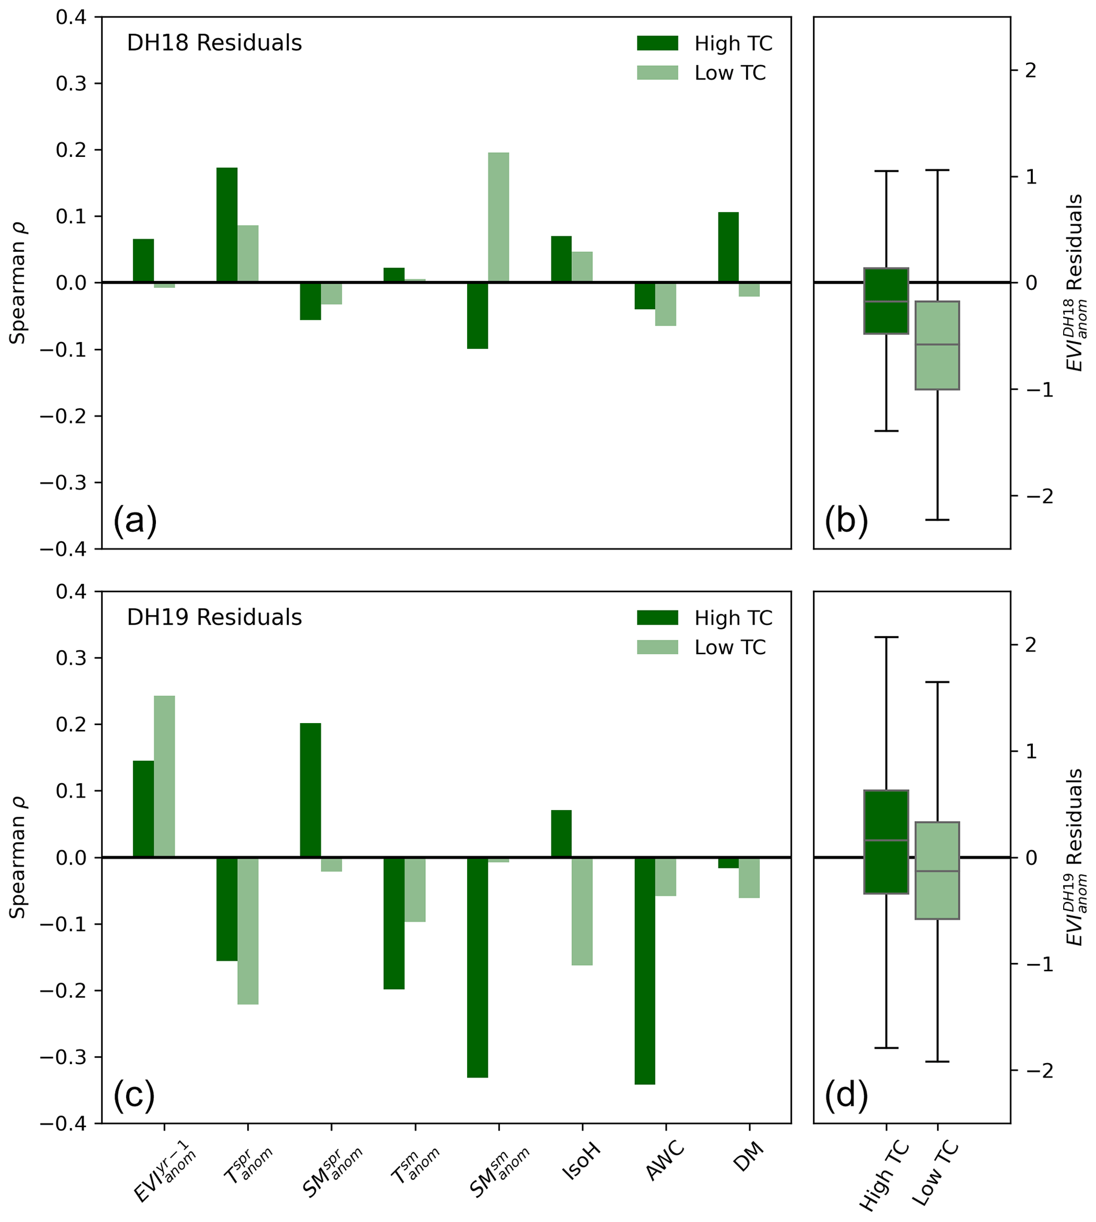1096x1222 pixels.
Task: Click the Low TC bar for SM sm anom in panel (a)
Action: [498, 217]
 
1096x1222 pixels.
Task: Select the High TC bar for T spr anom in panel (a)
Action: [227, 225]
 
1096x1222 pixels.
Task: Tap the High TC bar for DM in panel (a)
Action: [728, 248]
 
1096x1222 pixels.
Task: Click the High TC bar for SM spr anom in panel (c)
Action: [310, 790]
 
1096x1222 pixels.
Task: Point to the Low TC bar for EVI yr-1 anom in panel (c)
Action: [164, 776]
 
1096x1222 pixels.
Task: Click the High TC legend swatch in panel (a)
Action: [657, 43]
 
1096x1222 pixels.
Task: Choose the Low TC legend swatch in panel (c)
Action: [657, 647]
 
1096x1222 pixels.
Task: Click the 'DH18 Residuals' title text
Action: [214, 43]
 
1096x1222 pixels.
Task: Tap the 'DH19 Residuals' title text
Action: [214, 618]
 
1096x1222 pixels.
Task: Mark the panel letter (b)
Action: [846, 519]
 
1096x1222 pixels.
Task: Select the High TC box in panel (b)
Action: [886, 301]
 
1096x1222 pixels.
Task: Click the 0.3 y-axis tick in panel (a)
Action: [71, 84]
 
